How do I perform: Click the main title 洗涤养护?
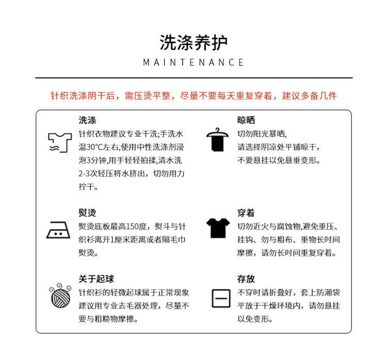tap(193, 42)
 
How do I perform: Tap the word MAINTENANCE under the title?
tap(193, 62)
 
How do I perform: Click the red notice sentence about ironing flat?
tap(193, 96)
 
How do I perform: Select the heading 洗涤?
tap(87, 120)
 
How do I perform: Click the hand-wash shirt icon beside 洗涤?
tap(58, 142)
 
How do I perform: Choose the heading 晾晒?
tap(246, 120)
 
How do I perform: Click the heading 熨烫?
tap(87, 212)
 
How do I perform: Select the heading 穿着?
tap(246, 212)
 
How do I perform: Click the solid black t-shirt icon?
tap(218, 227)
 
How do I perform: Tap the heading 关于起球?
tap(96, 279)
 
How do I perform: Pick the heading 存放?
tap(246, 279)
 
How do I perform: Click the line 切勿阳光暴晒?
tap(261, 134)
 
